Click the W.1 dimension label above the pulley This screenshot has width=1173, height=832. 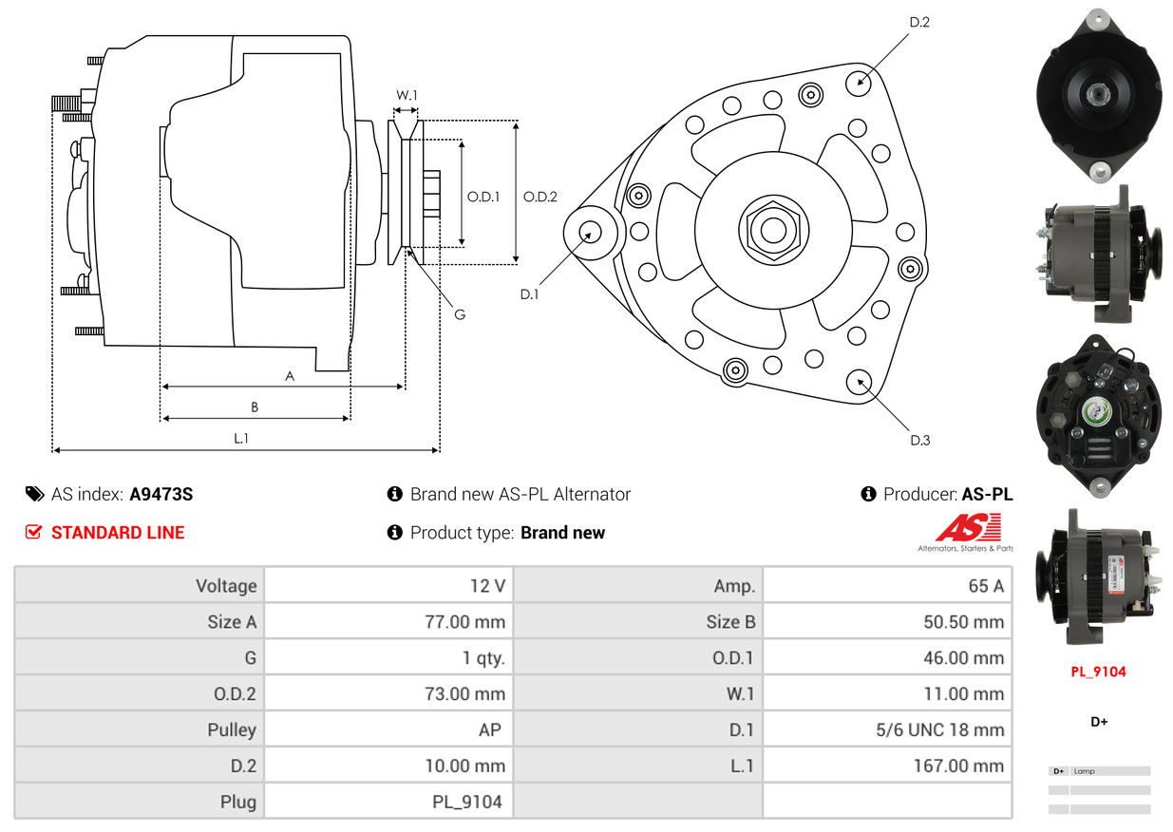click(407, 95)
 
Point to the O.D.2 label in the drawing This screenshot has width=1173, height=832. click(539, 197)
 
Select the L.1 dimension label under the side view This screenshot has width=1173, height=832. click(241, 438)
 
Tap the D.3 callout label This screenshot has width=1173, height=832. click(920, 441)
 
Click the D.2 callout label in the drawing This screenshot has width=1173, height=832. click(919, 23)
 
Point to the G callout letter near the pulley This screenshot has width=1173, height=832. click(460, 314)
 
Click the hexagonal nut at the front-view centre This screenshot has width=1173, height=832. click(773, 231)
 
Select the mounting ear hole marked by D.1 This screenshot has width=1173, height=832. click(590, 233)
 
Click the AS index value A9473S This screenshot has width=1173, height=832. click(161, 494)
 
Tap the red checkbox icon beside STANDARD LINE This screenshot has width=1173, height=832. click(33, 532)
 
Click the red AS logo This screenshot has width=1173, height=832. click(968, 527)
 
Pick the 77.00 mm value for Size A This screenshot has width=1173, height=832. click(465, 622)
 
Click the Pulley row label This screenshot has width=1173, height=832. click(232, 729)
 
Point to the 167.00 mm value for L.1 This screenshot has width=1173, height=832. click(959, 766)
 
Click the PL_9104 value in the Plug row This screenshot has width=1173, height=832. click(467, 803)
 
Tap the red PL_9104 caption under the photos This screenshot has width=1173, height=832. click(1098, 671)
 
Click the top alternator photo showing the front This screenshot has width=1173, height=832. click(1099, 95)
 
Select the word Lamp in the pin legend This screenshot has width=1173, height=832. click(1084, 771)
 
